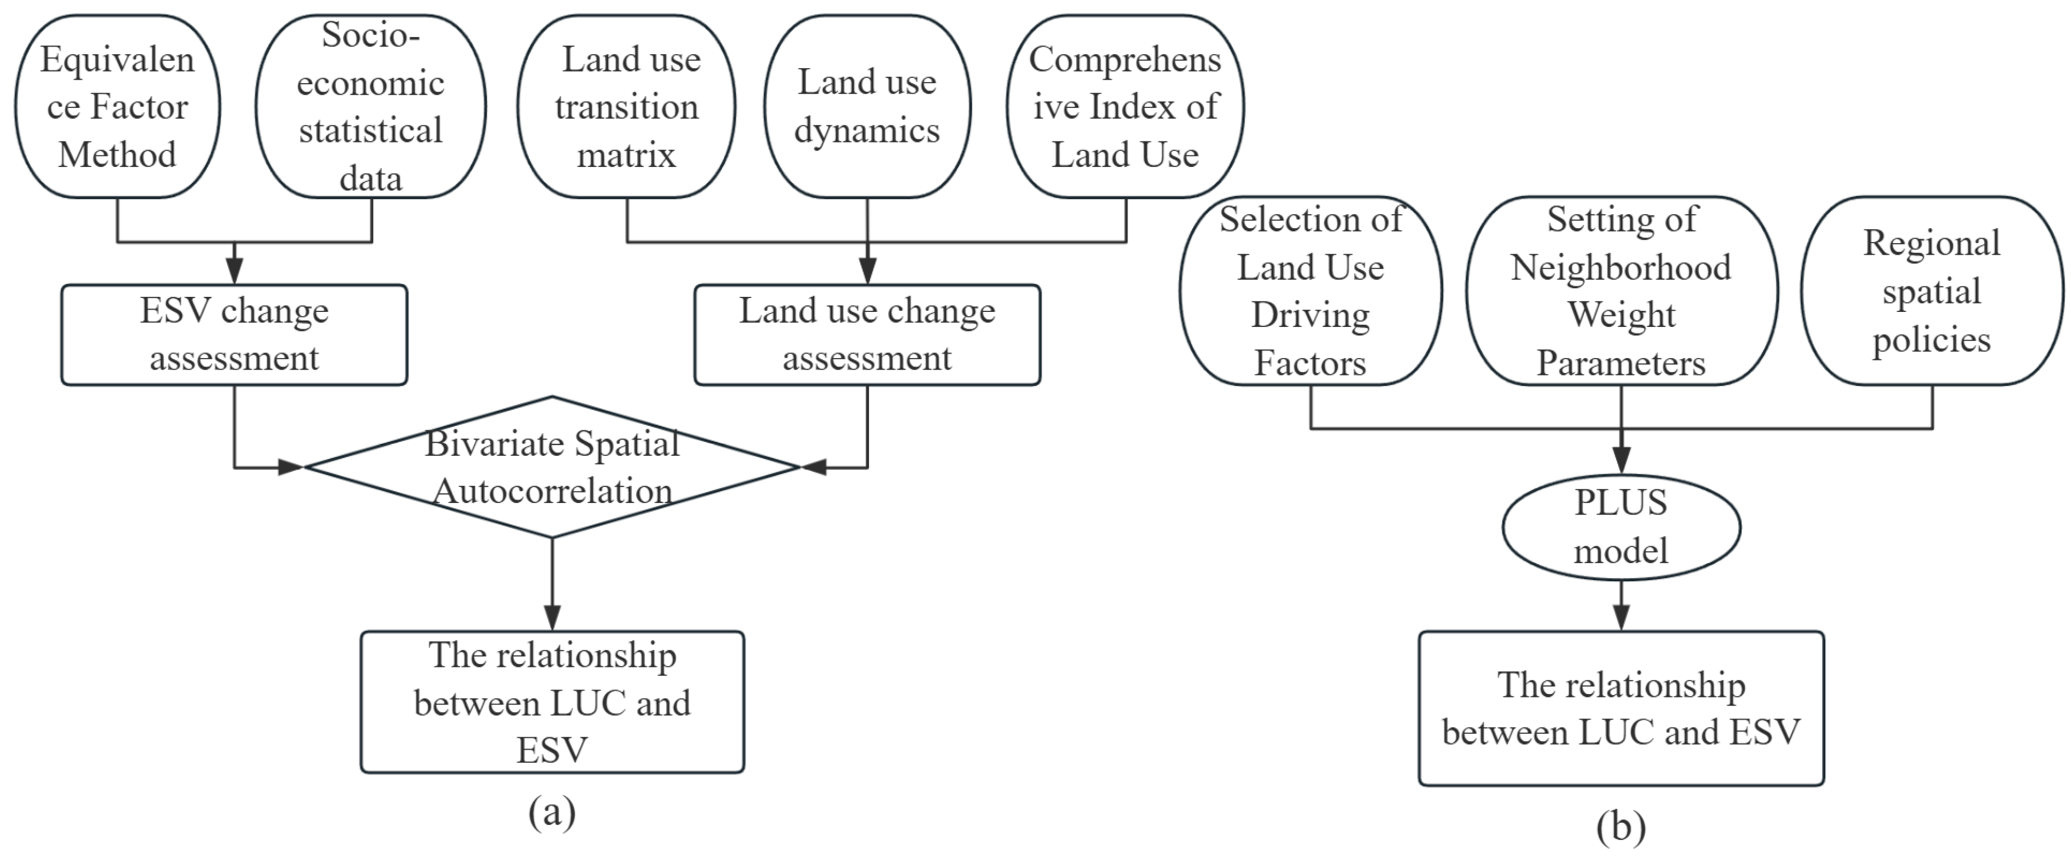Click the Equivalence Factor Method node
(x=117, y=106)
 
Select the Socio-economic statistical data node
(x=371, y=106)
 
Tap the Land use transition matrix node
(x=626, y=106)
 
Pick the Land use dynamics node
(x=866, y=106)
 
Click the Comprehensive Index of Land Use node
(x=1125, y=106)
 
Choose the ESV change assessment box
(x=234, y=334)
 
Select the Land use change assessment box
(x=866, y=334)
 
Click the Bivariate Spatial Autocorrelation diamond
(x=552, y=467)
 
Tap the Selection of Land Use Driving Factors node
(x=1310, y=291)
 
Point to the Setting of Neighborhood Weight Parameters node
(x=1621, y=291)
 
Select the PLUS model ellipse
(x=1621, y=527)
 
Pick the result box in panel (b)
(x=1621, y=708)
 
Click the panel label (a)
(x=552, y=812)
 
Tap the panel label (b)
(x=1621, y=827)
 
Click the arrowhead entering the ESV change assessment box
(x=234, y=272)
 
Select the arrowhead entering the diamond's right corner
(x=814, y=467)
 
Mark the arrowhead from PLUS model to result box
(x=1621, y=617)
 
